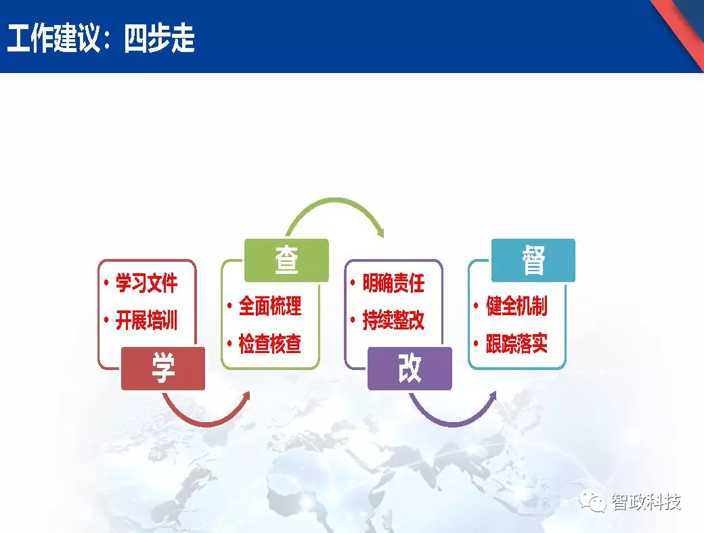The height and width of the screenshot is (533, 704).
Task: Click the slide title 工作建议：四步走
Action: [101, 39]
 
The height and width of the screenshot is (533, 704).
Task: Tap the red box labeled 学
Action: [162, 369]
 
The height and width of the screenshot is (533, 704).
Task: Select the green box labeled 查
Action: [286, 260]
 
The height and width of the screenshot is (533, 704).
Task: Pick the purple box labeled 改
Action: [409, 369]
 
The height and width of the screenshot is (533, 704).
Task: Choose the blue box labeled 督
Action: [533, 260]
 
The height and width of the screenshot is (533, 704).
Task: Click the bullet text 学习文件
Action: [146, 283]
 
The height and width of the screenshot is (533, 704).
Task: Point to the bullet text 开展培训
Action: [146, 320]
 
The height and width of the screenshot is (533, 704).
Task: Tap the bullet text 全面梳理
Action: [269, 306]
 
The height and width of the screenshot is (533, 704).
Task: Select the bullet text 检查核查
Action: [269, 344]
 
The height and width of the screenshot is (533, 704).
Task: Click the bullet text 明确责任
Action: [393, 283]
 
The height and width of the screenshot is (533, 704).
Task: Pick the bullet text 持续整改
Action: [393, 320]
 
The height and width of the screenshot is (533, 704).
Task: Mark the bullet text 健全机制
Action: [516, 306]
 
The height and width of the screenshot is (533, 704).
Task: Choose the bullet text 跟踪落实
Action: [516, 344]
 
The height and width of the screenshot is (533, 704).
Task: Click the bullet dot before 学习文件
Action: [106, 283]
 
